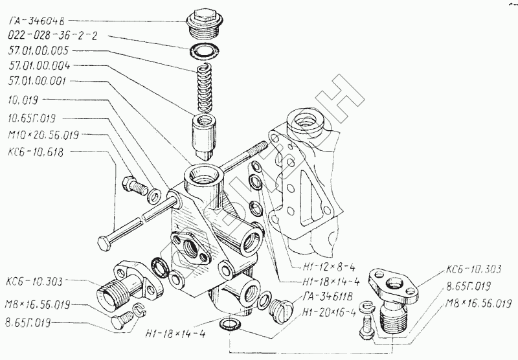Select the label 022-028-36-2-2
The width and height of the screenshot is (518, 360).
(x=51, y=36)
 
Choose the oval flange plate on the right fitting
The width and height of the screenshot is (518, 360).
(x=395, y=282)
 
